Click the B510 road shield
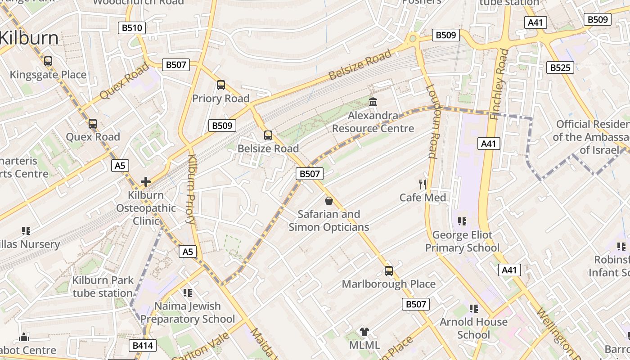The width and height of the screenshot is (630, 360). pos(132,28)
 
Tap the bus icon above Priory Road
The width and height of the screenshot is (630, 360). pos(220,85)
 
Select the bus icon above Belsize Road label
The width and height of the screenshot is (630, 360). pos(268,135)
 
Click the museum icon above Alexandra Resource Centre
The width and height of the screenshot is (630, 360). pos(373,102)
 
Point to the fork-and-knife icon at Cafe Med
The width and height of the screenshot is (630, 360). pos(423,184)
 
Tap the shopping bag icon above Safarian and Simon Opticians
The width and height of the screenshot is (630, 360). pos(329,200)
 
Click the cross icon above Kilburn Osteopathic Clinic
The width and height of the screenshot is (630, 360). pos(145,182)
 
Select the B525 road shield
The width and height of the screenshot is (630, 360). pos(560,67)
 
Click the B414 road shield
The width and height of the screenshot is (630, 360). pos(143,346)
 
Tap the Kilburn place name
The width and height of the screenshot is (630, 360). pos(29,38)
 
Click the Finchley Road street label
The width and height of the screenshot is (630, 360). pos(499,84)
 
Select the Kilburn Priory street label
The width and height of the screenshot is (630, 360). pos(191,189)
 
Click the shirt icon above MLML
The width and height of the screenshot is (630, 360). pos(364,332)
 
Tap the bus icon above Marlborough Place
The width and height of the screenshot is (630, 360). pos(389,271)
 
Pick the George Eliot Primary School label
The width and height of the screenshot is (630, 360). pos(462,241)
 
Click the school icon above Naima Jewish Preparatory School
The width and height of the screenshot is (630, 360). pos(188,293)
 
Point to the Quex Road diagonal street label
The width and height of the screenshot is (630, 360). pos(124,81)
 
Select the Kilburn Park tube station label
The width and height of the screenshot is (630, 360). pos(103,287)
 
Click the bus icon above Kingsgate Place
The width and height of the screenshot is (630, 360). pos(48,61)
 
